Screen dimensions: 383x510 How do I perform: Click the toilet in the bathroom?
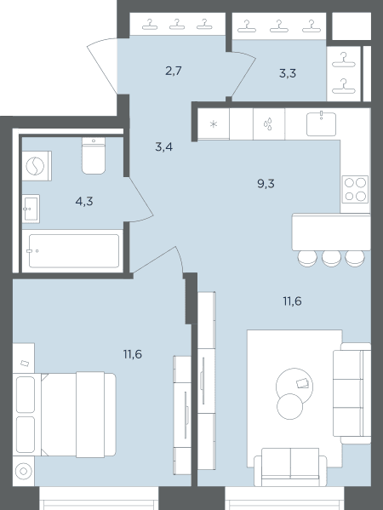94,156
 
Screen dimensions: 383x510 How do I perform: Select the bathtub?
74,251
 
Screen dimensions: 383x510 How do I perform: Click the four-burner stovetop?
355,189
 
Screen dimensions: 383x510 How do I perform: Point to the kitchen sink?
321,123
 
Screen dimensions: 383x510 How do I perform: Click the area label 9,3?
266,184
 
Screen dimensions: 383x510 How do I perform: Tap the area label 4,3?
84,202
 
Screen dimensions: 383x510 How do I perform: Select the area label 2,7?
174,71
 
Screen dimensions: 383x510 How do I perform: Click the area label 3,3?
288,73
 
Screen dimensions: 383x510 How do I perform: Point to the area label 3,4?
164,147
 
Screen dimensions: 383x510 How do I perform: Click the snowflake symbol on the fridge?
214,124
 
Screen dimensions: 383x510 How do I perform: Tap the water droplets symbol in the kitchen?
268,124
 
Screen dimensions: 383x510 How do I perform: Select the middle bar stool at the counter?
331,259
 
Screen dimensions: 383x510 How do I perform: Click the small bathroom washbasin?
31,209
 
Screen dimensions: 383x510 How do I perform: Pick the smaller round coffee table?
289,406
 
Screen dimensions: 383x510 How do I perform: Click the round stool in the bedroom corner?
24,471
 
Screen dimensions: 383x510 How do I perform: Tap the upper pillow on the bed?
26,393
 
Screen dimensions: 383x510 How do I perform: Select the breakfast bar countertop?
331,232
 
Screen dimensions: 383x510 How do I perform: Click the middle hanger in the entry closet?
177,25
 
